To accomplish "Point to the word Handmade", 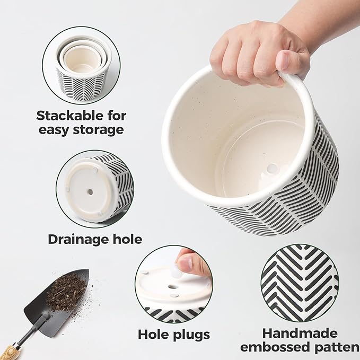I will click(300, 333).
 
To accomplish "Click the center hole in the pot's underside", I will click(90, 191).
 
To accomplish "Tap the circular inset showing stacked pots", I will click(81, 65).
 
